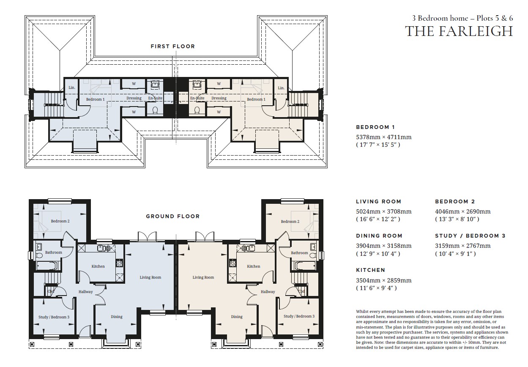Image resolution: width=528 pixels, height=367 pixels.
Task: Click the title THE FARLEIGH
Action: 459,31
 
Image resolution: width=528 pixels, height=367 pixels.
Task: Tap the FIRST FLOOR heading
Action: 173,47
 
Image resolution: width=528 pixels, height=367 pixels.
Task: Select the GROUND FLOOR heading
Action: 173,216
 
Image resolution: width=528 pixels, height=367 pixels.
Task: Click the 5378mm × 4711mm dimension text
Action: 383,137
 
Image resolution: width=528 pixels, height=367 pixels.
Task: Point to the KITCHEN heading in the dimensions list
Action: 371,270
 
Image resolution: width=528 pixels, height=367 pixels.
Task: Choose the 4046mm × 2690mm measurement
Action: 463,211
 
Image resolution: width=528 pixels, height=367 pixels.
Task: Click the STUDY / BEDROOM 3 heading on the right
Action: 470,236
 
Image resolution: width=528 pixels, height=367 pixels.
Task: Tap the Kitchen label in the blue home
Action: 98,266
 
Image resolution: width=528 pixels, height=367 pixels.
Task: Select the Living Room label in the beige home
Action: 203,277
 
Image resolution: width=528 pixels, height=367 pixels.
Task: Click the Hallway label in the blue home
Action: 85,292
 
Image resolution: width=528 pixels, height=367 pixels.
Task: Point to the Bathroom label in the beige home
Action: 299,253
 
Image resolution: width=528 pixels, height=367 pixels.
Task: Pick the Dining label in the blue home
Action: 117,317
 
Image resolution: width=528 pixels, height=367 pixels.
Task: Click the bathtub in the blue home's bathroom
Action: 47,266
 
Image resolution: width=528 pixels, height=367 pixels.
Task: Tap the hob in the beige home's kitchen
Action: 233,263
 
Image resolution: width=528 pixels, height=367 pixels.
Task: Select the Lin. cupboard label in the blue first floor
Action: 72,88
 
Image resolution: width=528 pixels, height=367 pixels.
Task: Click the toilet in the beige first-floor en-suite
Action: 197,110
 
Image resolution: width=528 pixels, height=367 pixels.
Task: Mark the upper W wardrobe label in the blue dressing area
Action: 134,84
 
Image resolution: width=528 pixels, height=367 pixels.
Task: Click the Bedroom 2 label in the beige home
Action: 290,222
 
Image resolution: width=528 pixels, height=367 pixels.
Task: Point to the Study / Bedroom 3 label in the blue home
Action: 54,317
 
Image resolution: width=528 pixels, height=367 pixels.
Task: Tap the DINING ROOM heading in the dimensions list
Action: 379,236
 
